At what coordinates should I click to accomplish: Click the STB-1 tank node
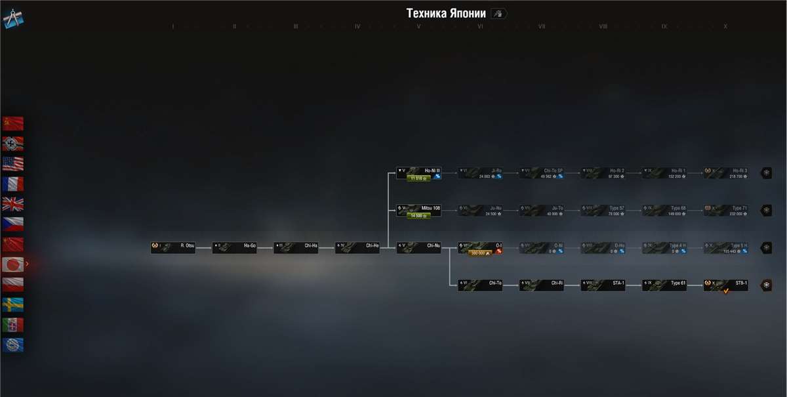pyautogui.click(x=725, y=285)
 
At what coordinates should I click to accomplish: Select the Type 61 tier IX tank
pyautogui.click(x=664, y=285)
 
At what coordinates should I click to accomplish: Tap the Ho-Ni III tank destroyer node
pyautogui.click(x=418, y=173)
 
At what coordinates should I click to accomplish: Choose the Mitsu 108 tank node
pyautogui.click(x=418, y=211)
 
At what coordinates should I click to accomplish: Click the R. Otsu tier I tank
pyautogui.click(x=173, y=248)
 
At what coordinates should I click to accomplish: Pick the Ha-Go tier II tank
pyautogui.click(x=234, y=248)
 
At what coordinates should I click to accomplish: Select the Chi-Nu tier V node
pyautogui.click(x=418, y=248)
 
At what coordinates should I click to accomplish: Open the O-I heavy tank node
pyautogui.click(x=480, y=248)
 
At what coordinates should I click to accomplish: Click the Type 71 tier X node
pyautogui.click(x=725, y=211)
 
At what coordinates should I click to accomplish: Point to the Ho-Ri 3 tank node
pyautogui.click(x=725, y=173)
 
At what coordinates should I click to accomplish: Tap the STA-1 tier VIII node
pyautogui.click(x=603, y=285)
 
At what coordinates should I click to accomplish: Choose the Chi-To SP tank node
pyautogui.click(x=541, y=173)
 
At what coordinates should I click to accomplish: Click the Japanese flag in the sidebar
pyautogui.click(x=12, y=264)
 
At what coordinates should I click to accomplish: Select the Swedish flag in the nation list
pyautogui.click(x=12, y=304)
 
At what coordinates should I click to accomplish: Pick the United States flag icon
pyautogui.click(x=12, y=163)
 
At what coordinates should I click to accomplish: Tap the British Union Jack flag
pyautogui.click(x=12, y=203)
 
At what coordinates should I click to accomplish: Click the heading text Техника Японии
pyautogui.click(x=446, y=14)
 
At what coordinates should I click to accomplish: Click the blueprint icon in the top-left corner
pyautogui.click(x=13, y=18)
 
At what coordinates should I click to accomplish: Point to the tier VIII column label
pyautogui.click(x=603, y=27)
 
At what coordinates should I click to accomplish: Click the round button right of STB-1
pyautogui.click(x=766, y=285)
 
